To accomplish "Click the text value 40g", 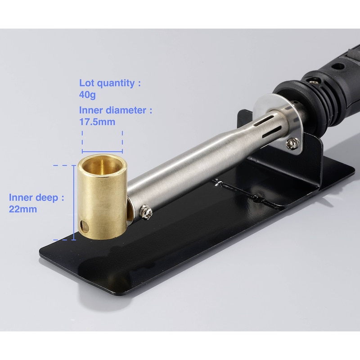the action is [87, 95].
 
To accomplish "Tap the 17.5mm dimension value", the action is [97, 122].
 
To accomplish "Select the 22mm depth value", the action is [23, 209].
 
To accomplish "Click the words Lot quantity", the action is [107, 83].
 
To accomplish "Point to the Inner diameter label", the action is [112, 110].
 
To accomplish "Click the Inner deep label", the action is [33, 198].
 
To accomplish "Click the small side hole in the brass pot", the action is [85, 226].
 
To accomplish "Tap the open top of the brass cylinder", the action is [102, 165].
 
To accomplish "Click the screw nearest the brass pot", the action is [146, 212].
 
